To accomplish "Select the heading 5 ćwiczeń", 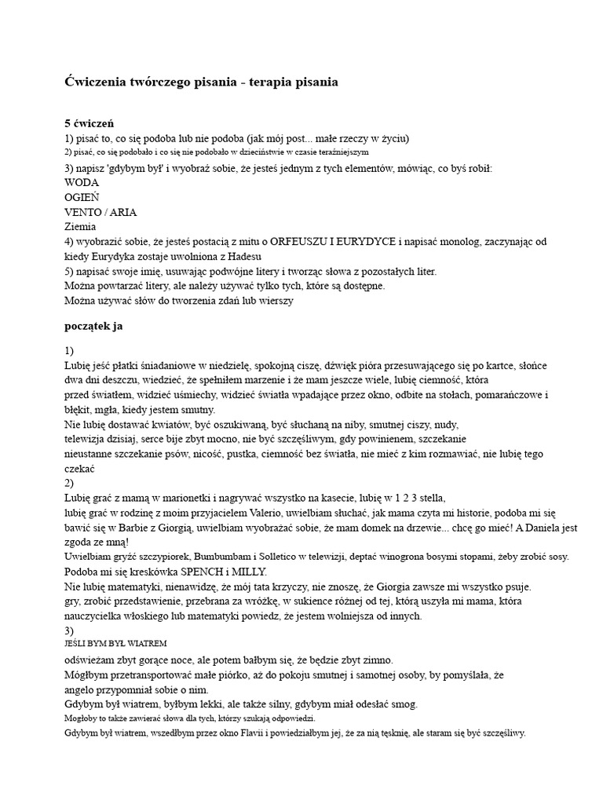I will [x=90, y=123].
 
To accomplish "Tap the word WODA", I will [x=82, y=182].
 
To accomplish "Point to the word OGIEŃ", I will [x=82, y=197].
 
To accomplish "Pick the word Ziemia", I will [x=81, y=227].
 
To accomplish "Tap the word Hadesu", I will [x=240, y=256].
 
